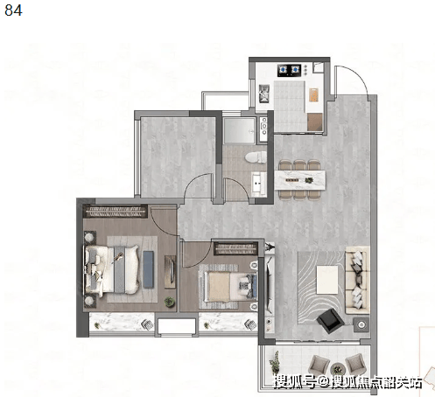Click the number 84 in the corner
13,10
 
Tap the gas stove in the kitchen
289,70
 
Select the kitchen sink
264,94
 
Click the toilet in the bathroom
256,157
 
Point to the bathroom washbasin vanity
259,184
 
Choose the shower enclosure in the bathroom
239,130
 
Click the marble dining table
299,180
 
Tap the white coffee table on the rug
327,280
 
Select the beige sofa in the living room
357,280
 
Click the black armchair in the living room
330,321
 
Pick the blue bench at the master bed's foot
148,269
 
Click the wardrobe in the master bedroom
115,212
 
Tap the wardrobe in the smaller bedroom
235,248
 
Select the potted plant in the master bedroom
170,302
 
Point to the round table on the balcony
338,369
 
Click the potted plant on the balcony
275,361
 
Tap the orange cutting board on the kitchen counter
313,94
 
